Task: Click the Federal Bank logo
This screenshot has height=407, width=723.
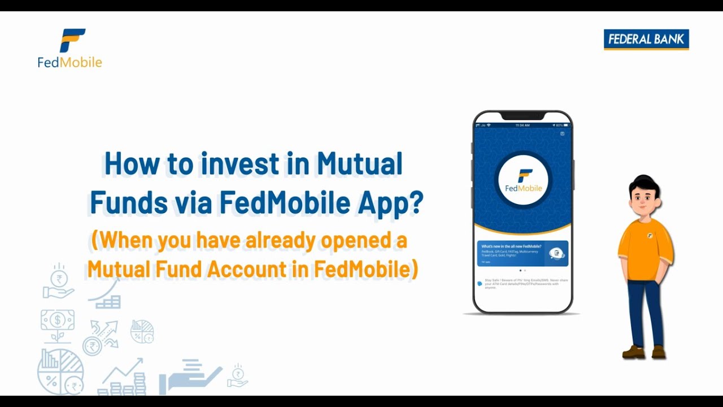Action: [x=646, y=40]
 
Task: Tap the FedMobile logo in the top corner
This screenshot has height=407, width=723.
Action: [x=70, y=48]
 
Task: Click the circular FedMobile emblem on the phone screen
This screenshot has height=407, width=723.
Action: [x=523, y=180]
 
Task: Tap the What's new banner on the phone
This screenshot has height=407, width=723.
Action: [x=522, y=254]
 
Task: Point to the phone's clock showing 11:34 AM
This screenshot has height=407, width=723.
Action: [x=522, y=125]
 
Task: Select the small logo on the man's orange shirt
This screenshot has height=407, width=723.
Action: [x=650, y=235]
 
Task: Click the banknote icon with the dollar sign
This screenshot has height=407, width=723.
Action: [x=58, y=319]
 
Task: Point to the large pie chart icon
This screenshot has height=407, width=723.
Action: [x=60, y=371]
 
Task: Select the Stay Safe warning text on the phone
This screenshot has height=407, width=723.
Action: [x=522, y=284]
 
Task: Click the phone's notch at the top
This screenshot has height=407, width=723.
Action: [x=522, y=116]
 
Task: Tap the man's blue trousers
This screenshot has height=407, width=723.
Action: [x=645, y=311]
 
